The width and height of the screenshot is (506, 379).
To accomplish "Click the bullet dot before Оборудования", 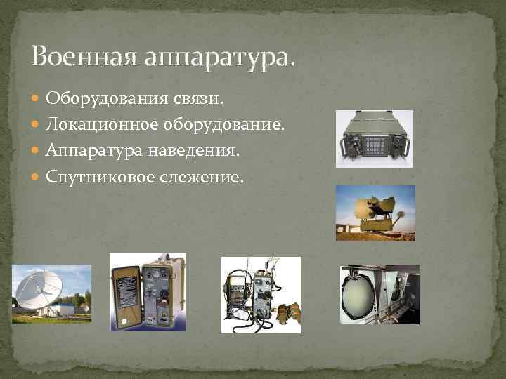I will (37, 100).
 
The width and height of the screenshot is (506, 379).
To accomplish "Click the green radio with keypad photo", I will (374, 139).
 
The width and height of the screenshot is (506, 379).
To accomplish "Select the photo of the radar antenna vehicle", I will (375, 213).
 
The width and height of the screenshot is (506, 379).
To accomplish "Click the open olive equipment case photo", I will (148, 291).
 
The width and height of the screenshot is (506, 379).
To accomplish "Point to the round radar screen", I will (363, 296).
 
